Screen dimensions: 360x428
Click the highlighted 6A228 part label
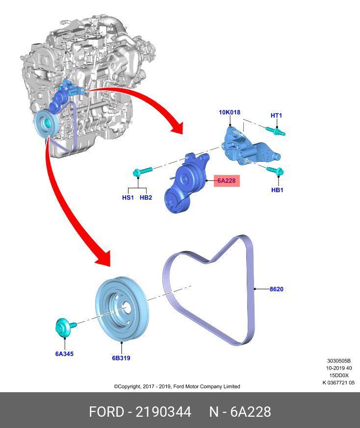coord(226,181)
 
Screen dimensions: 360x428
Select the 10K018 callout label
coord(230,112)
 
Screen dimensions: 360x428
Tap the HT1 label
coord(276,116)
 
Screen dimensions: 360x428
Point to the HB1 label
coord(277,190)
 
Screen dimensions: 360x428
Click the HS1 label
coord(128,198)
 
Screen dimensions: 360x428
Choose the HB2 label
coord(146,198)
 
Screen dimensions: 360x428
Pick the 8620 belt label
coord(276,289)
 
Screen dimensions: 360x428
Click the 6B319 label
coord(121,358)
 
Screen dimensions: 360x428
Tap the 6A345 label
coord(64,353)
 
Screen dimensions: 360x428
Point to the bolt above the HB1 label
coord(275,171)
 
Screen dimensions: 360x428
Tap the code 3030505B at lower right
coord(338,361)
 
